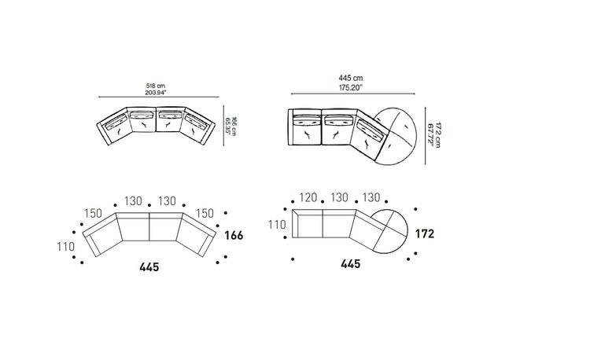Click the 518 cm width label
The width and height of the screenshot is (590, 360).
(156, 86)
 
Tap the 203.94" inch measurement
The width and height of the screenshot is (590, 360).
(156, 93)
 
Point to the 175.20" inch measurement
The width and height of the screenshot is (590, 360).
(350, 88)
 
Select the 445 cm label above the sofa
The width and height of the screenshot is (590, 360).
(351, 78)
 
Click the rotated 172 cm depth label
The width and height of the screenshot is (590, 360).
(437, 135)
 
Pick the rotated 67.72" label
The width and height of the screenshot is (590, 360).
(430, 134)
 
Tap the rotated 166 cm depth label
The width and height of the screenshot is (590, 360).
(234, 127)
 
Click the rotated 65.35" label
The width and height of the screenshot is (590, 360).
(227, 127)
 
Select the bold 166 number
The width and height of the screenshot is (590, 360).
(234, 236)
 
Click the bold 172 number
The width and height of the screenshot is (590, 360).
(425, 233)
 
